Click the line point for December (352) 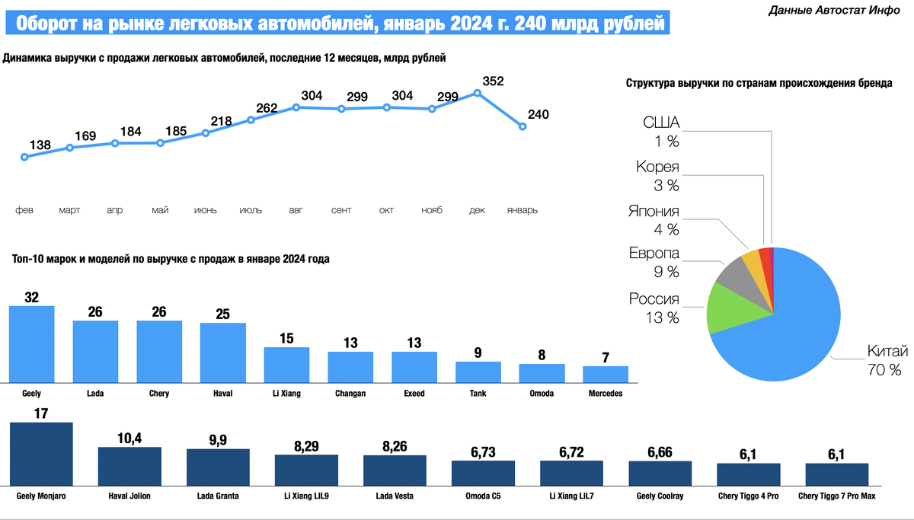coord(478,93)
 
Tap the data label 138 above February coord(40,145)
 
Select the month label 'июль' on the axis coord(251,210)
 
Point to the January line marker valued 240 coord(523,126)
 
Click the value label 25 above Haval coord(223,314)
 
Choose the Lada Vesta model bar coord(395,471)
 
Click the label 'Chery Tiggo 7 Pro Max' coord(836,496)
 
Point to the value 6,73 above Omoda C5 coord(483,451)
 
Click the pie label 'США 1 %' coord(660,132)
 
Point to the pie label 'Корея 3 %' coord(658,176)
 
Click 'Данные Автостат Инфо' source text coord(835,10)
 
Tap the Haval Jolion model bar coord(129,467)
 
